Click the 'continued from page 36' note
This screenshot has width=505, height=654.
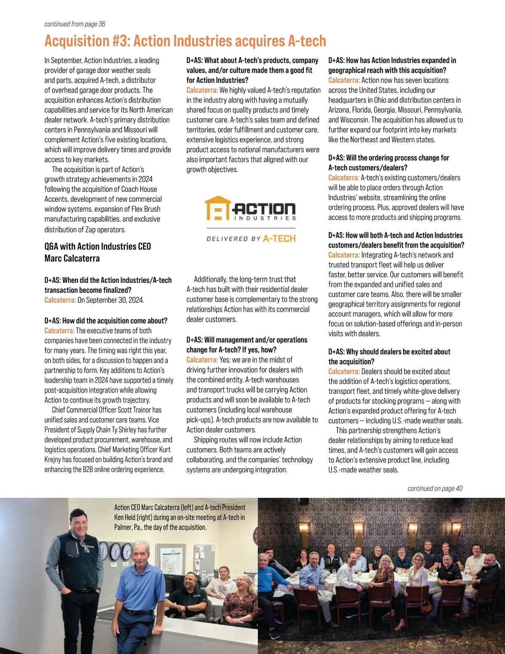pos(74,24)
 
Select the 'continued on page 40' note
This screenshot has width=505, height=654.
pos(435,488)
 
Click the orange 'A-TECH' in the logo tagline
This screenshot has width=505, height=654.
pos(279,239)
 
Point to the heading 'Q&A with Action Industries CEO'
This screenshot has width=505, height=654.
pos(98,246)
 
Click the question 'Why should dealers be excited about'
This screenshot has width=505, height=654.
pos(389,352)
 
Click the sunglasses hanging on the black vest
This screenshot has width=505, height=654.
pos(87,547)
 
